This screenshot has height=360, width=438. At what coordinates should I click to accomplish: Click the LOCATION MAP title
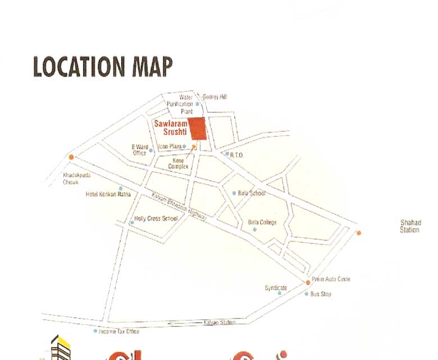(x=103, y=66)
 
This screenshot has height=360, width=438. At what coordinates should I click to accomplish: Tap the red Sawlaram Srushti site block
(x=197, y=129)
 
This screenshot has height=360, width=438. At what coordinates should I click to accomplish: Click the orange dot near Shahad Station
(x=359, y=233)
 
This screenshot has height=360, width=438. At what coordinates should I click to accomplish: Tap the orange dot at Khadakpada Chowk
(x=71, y=157)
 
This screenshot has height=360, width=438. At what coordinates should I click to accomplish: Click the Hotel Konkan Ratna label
(x=108, y=194)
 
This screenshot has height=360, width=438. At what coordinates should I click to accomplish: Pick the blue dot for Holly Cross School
(x=132, y=223)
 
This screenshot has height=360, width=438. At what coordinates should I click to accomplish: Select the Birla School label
(x=251, y=193)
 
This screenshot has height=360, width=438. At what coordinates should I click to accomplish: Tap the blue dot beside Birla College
(x=254, y=229)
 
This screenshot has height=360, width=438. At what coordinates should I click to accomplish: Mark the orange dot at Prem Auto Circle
(x=308, y=282)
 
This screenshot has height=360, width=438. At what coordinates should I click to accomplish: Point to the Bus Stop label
(x=321, y=294)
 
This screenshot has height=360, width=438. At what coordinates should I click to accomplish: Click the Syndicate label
(x=276, y=288)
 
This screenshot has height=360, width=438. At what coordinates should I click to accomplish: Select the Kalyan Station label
(x=219, y=322)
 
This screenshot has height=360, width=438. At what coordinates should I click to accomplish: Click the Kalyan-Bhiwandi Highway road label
(x=179, y=206)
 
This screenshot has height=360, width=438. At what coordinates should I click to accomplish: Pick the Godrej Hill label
(x=215, y=97)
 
